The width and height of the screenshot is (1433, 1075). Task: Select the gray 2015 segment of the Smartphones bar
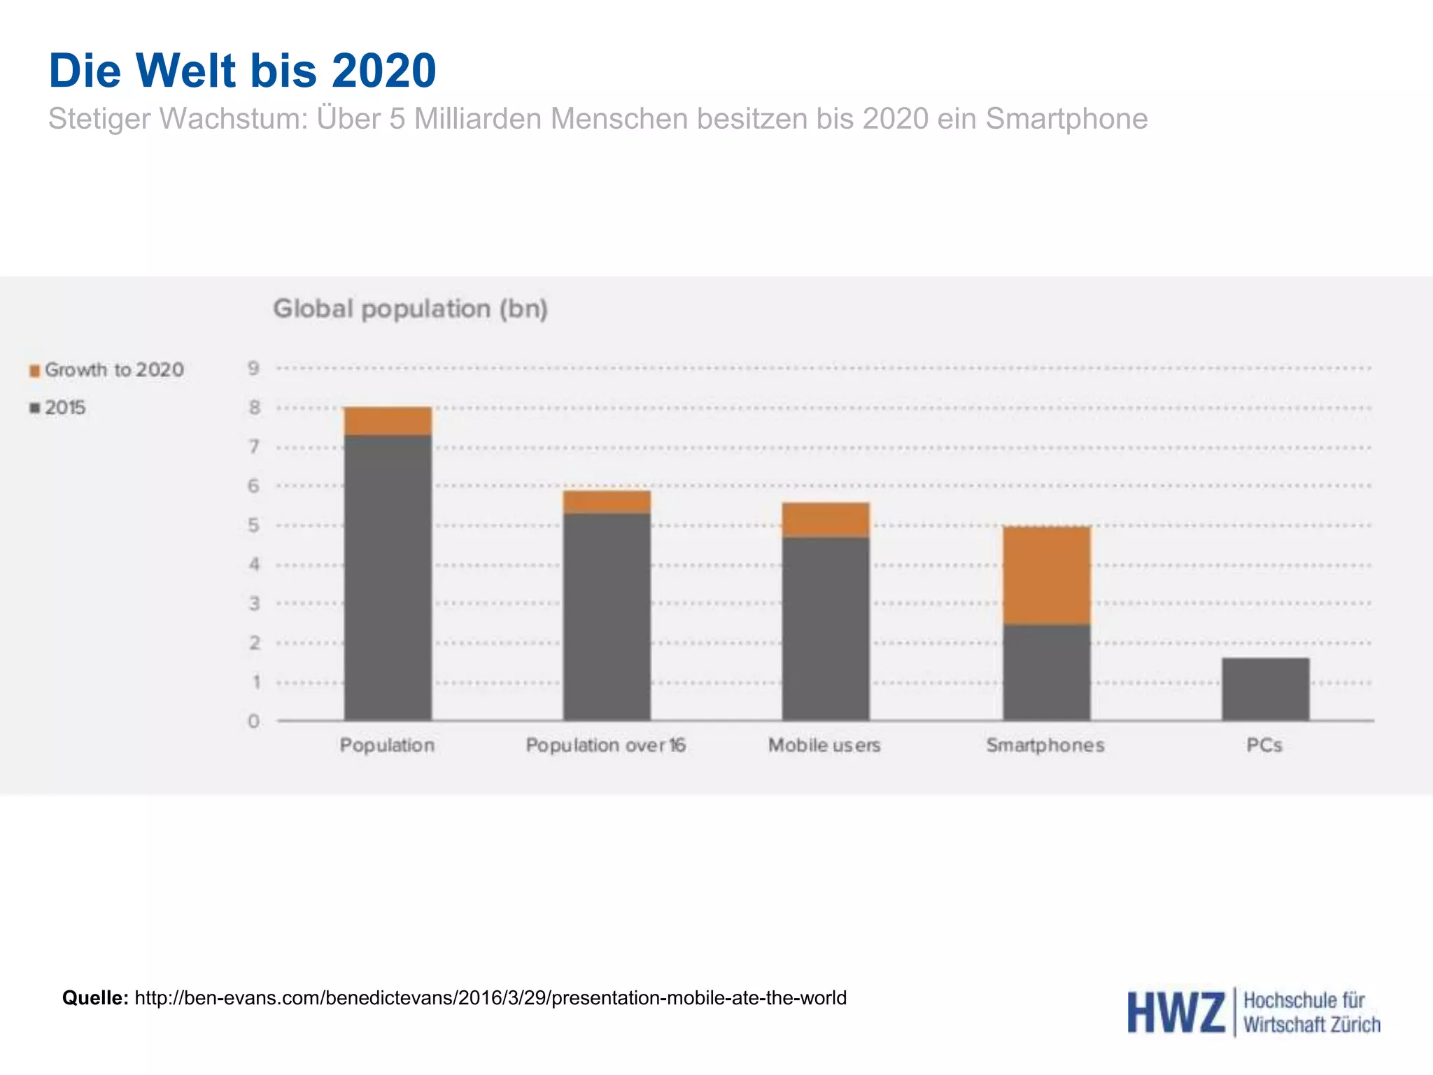1046,672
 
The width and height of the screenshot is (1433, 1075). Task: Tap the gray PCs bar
1265,689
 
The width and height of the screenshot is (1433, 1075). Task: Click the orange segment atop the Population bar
388,421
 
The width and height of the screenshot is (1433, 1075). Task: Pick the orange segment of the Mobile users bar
826,520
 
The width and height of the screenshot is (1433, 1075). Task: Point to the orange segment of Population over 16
607,502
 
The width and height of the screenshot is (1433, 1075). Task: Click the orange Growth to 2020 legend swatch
34,370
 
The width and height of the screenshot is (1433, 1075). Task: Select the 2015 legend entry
64,407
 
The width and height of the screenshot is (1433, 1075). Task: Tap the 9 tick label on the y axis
253,368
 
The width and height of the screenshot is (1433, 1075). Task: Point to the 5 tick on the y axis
253,525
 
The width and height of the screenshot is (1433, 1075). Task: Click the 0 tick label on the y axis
253,721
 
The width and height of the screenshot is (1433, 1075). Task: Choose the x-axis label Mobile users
824,745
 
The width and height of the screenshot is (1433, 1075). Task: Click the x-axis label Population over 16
605,745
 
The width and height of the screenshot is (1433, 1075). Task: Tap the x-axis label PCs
1264,745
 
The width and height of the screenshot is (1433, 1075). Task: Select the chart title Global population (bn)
410,309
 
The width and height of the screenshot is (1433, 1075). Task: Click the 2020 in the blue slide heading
383,71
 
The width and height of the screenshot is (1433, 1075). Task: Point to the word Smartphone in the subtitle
1066,119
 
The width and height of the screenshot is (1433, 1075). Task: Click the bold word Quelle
95,997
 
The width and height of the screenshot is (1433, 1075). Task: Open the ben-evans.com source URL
490,997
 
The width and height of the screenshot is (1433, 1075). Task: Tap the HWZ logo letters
1176,1013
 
